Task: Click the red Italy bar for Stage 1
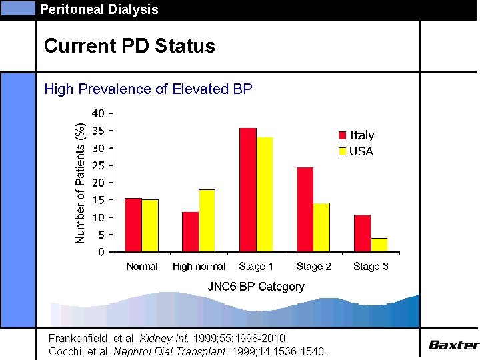click(248, 190)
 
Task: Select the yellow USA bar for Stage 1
click(265, 195)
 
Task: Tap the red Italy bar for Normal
click(133, 225)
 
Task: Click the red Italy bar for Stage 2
click(305, 209)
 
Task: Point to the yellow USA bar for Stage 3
click(379, 245)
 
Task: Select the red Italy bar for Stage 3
click(363, 233)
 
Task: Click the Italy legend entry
click(357, 135)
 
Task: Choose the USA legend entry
click(357, 151)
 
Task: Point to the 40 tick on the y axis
click(97, 113)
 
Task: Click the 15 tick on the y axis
click(97, 200)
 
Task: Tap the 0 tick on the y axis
click(101, 252)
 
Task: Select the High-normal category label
click(199, 267)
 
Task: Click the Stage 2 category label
click(314, 267)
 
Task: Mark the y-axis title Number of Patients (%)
click(80, 182)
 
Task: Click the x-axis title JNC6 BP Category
click(256, 287)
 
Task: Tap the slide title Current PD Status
click(129, 46)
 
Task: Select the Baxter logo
click(453, 345)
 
